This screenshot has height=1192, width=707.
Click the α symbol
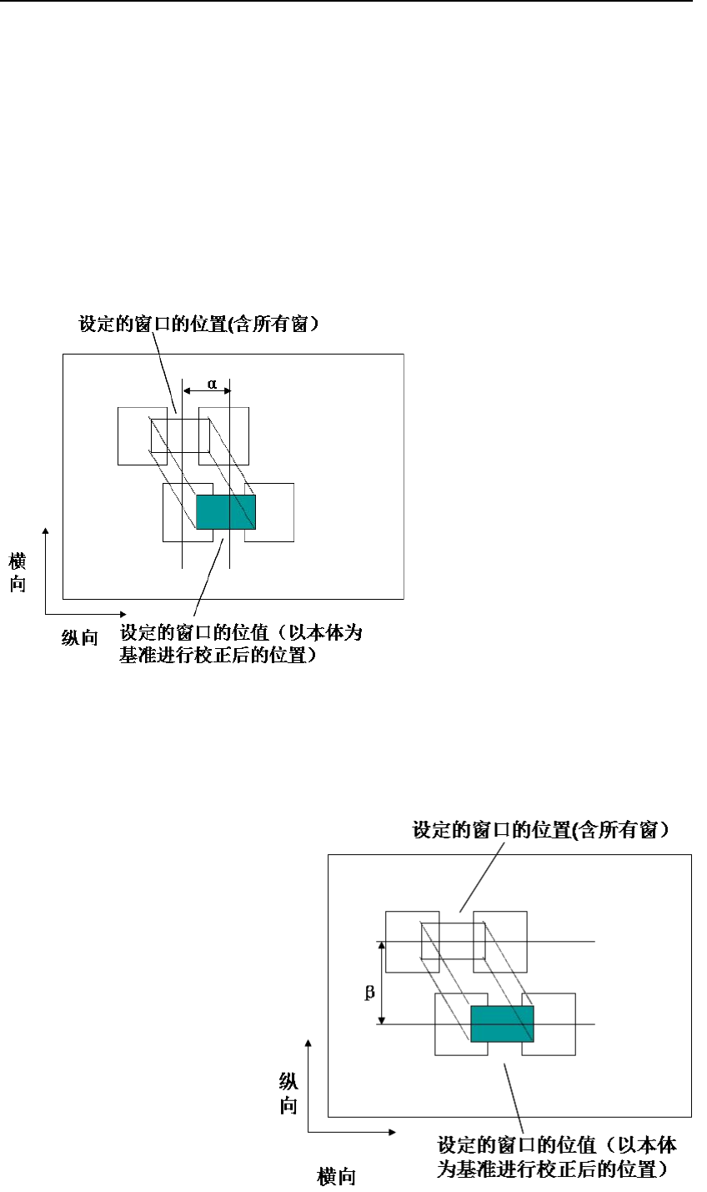(x=212, y=384)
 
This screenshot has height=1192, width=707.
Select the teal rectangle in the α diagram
(x=225, y=511)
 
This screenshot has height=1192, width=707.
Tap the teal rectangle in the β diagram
(x=502, y=1024)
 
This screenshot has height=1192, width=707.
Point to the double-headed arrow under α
(x=206, y=390)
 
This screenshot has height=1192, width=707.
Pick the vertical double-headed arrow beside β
(x=382, y=983)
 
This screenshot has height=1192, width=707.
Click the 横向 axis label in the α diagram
(x=18, y=572)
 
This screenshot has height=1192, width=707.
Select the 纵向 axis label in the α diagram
(x=80, y=638)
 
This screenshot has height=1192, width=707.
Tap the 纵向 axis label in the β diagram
(x=288, y=1094)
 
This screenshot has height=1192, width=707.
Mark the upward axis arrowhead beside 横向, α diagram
(x=46, y=531)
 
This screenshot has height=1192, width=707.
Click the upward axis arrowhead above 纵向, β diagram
(x=308, y=1043)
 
